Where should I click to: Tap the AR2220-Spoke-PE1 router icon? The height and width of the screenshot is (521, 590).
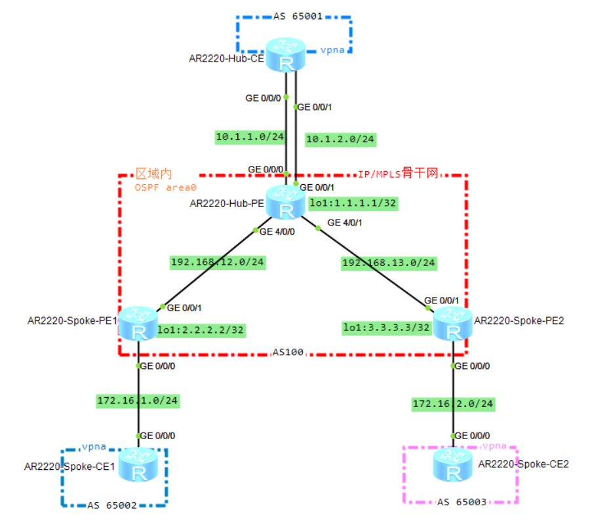pos(138,324)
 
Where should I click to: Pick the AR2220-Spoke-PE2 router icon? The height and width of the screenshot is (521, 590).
pos(453,324)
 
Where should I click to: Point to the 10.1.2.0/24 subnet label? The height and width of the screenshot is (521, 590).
pos(340,139)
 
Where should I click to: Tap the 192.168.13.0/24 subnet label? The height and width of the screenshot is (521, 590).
pos(389,263)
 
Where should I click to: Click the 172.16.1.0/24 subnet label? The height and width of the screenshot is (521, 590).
pos(138,400)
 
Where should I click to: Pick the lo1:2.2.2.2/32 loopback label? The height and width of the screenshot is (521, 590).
pos(201,331)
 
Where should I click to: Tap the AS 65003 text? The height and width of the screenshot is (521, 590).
pos(462,502)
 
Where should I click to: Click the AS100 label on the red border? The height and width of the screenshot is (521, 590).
pos(288,353)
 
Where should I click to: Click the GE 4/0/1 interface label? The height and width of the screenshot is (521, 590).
pos(345,223)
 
